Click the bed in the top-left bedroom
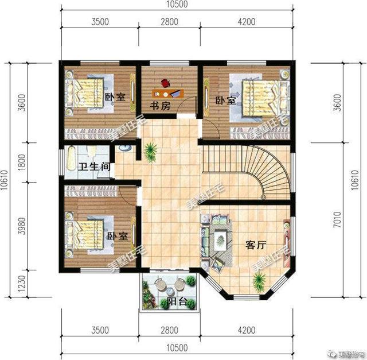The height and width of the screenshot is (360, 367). (84, 91)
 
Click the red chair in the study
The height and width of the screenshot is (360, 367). (166, 82)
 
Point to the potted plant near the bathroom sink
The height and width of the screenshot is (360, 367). (151, 152)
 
